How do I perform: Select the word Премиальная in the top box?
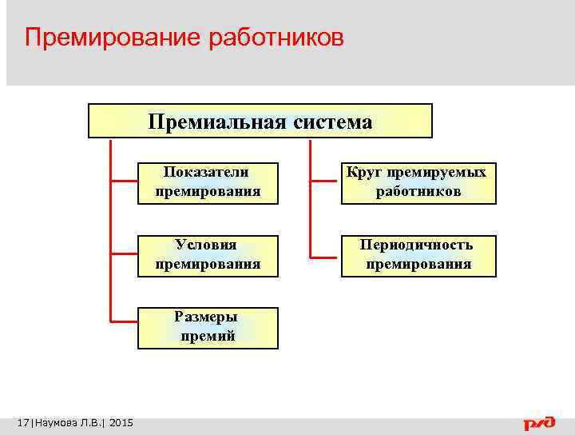pyautogui.click(x=215, y=122)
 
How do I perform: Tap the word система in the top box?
pyautogui.click(x=331, y=122)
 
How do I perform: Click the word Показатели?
pyautogui.click(x=206, y=172)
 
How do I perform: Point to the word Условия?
pyautogui.click(x=206, y=245)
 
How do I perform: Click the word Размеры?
pyautogui.click(x=206, y=317)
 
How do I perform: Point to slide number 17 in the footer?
pyautogui.click(x=22, y=422)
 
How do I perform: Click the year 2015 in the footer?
pyautogui.click(x=121, y=422)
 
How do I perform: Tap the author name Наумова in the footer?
pyautogui.click(x=54, y=422)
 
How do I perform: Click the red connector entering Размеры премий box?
pyautogui.click(x=124, y=319)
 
